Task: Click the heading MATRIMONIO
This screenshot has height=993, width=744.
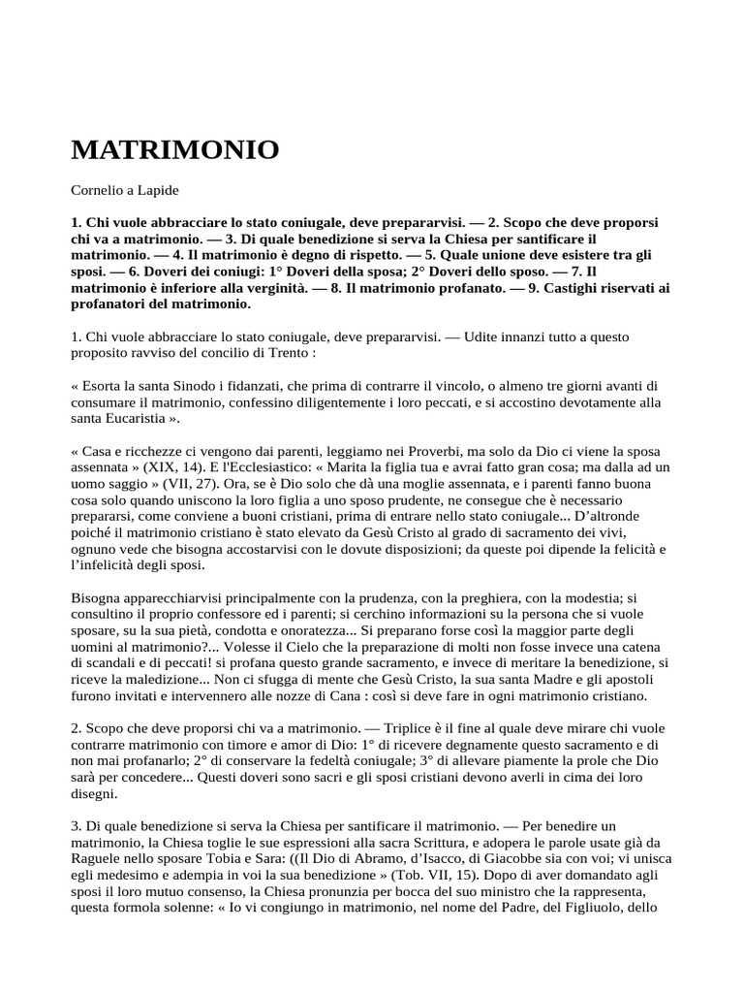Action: tap(175, 150)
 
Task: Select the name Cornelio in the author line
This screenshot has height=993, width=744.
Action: tap(100, 193)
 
